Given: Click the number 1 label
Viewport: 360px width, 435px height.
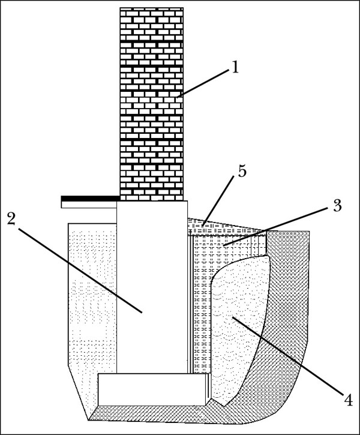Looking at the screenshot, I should click(235, 67).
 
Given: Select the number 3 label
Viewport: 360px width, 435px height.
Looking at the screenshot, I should click(337, 206).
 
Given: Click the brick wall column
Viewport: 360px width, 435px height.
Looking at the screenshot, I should click(151, 102).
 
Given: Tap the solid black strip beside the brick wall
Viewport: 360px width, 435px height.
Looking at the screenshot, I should click(90, 198).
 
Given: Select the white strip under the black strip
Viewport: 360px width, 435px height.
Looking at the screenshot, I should click(89, 205).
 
